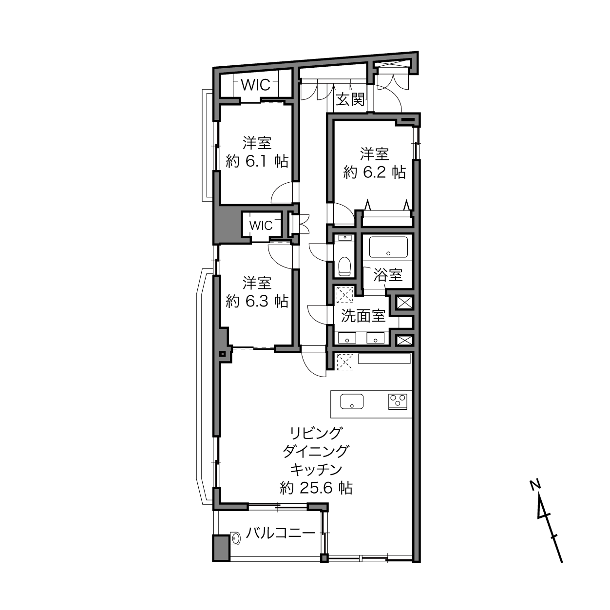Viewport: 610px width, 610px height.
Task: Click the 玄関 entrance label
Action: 350,100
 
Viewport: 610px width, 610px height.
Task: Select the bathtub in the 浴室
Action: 388,247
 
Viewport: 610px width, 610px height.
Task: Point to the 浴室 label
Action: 388,274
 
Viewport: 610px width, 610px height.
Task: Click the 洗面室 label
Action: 363,316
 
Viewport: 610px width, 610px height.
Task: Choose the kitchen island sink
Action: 352,401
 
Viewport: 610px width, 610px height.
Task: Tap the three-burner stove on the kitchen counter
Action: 398,401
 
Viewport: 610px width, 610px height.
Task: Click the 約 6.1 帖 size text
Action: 257,162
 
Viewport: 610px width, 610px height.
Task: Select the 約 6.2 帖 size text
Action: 375,172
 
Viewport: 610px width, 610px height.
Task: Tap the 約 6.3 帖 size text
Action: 257,301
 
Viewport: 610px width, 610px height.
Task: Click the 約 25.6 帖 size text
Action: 316,488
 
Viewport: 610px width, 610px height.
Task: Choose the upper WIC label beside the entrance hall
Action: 256,85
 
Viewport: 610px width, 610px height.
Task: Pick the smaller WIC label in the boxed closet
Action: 261,226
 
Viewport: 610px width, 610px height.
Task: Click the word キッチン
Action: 316,469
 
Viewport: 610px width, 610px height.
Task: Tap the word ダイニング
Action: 316,451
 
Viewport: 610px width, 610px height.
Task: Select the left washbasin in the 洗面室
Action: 347,338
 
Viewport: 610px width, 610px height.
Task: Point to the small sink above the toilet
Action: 345,237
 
